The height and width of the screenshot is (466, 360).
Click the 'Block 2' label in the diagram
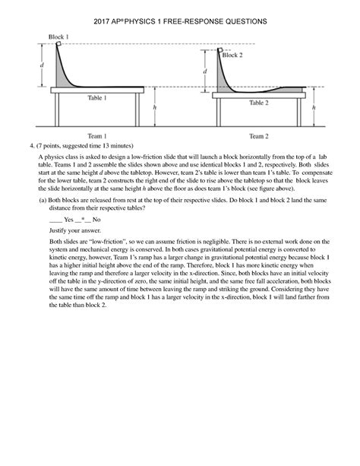[x=232, y=55]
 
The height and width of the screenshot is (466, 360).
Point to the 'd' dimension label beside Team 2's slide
[x=204, y=72]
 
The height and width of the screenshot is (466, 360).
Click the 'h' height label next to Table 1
[x=154, y=107]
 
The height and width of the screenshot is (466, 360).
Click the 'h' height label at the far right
[x=314, y=107]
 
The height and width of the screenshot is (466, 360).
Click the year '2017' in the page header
[x=103, y=23]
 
